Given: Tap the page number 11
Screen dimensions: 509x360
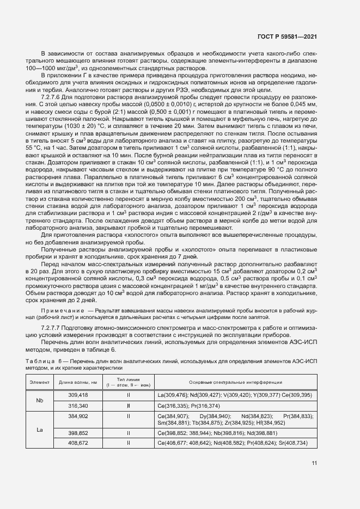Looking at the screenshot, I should (x=314, y=463).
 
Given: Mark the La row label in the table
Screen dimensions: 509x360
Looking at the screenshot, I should (x=40, y=430).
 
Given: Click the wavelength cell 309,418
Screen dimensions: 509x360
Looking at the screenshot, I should (x=77, y=394).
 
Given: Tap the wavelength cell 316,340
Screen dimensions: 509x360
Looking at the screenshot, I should (x=77, y=406).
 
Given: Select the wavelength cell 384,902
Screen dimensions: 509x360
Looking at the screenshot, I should (x=77, y=416).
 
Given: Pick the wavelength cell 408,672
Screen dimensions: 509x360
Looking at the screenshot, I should (x=77, y=443).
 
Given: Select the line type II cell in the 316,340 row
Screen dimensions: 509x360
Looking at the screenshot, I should (x=129, y=406).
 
